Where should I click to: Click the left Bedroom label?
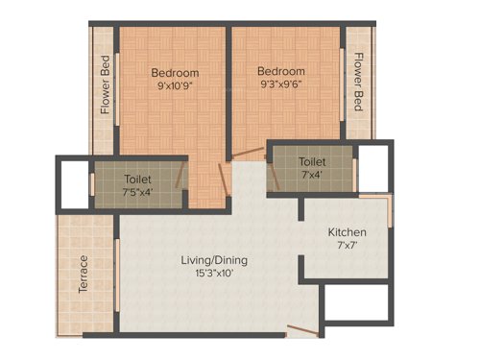pos(175,73)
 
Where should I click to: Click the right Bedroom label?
pos(281,72)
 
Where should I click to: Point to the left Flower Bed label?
pos(106,85)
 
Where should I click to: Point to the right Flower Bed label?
pos(358,82)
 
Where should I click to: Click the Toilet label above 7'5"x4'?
pos(137,179)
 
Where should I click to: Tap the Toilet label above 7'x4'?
pos(312,162)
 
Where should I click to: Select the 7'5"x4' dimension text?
pos(137,192)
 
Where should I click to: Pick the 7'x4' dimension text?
pos(312,176)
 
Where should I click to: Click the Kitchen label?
pos(347,232)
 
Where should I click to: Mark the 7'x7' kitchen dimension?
pos(347,247)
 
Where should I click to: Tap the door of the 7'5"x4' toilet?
pos(183,176)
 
